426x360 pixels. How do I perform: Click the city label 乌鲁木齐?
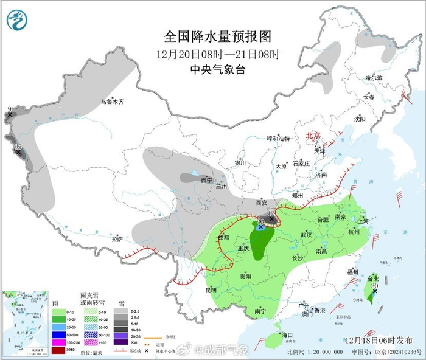[112, 102]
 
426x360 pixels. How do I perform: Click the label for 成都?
[223, 237]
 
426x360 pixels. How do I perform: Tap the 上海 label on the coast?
[365, 221]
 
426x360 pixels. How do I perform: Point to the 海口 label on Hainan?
[286, 335]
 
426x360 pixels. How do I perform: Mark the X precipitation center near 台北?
[375, 291]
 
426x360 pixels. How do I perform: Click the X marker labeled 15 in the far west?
[18, 152]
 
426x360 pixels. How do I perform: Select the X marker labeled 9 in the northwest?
[9, 114]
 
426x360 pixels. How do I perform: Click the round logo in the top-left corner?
[17, 19]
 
